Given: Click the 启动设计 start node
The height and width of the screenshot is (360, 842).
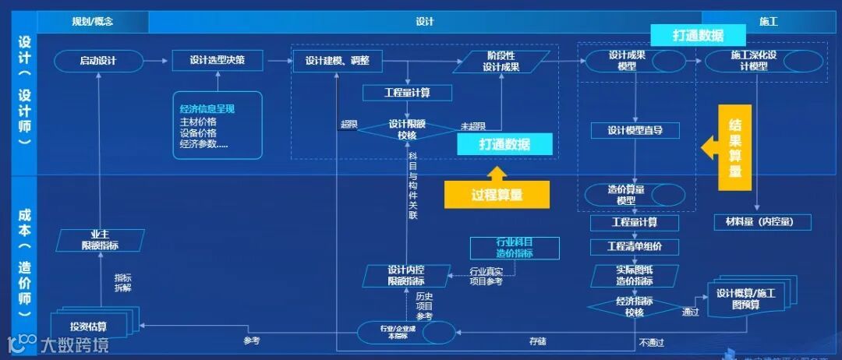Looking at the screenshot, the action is (98, 60).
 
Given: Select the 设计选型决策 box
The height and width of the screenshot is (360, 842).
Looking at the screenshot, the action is (218, 60).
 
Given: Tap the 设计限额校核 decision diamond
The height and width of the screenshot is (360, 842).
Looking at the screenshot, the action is (406, 129).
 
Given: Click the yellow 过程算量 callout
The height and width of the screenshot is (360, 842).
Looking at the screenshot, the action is (497, 195).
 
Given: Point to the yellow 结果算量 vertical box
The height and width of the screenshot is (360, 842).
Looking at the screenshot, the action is (734, 147).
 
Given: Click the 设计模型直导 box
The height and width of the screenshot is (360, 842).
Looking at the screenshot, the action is (635, 130).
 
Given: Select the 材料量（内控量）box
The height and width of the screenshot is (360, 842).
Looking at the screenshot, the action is (762, 223).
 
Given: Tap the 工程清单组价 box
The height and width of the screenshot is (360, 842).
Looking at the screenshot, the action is (634, 247).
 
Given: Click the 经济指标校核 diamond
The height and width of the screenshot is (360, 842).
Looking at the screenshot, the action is (634, 306).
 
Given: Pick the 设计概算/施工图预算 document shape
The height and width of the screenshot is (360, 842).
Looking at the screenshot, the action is (747, 298).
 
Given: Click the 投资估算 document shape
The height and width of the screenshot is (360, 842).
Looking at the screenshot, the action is (88, 326).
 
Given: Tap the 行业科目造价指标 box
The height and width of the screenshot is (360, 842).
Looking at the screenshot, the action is (515, 248).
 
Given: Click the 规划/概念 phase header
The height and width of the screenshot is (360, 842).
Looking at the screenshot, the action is (92, 22).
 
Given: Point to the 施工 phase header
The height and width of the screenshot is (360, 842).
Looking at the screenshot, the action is (769, 22).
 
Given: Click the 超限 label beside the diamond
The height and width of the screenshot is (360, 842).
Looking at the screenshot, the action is (348, 125).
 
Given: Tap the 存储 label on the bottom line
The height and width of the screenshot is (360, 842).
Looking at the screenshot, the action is (538, 341).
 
